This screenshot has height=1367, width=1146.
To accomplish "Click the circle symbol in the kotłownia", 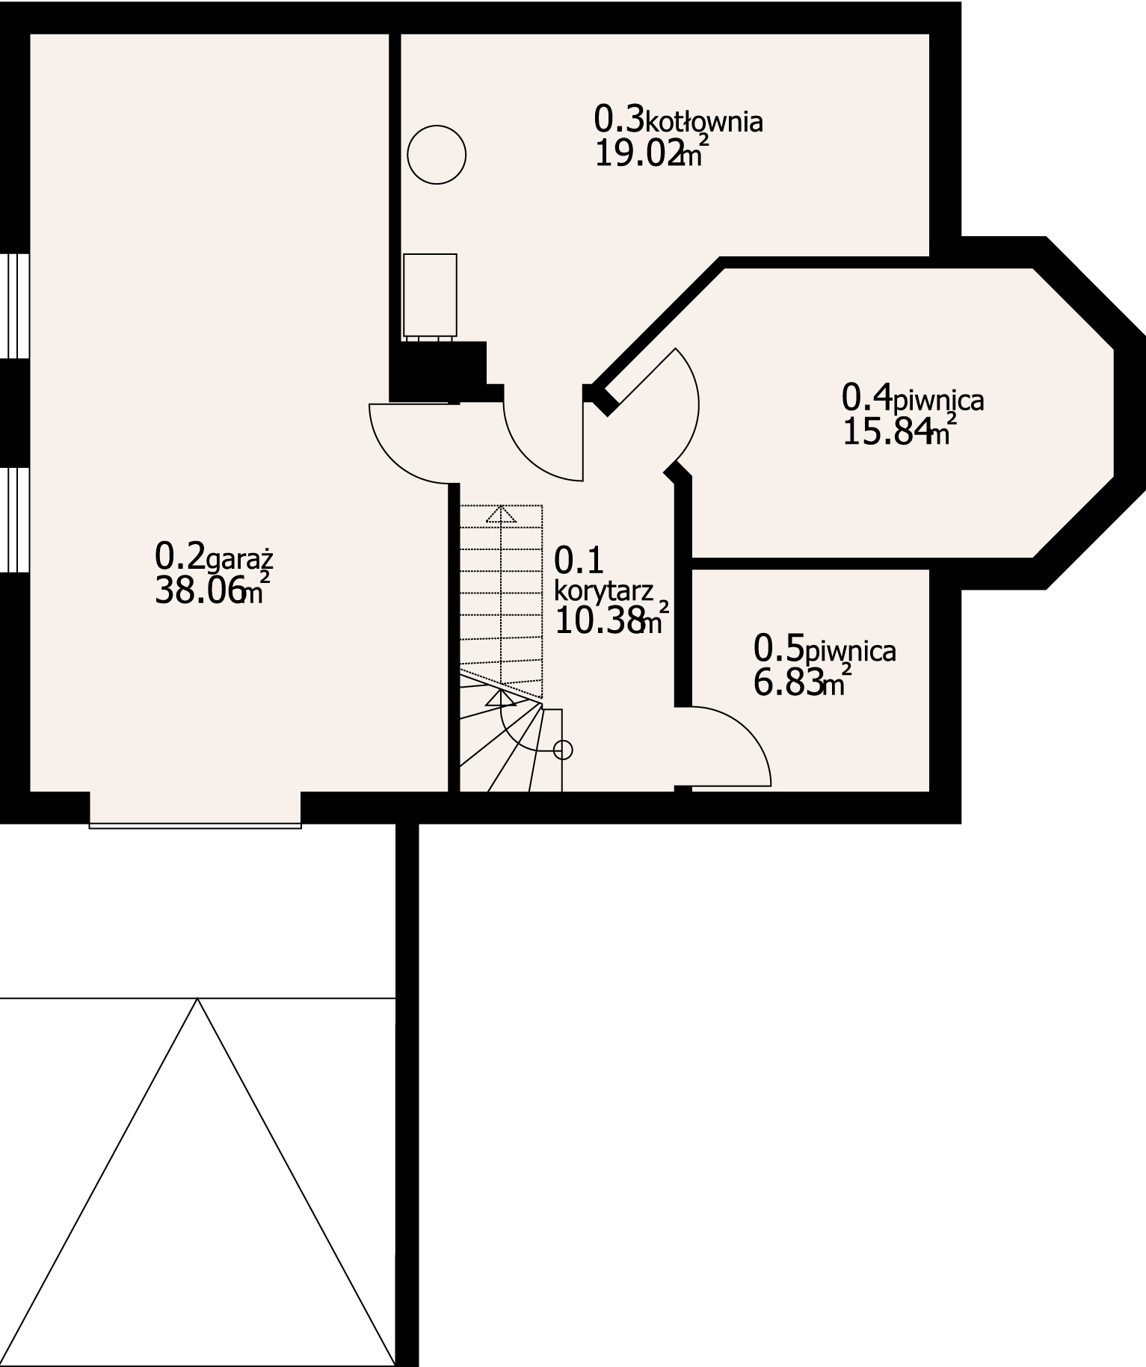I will [437, 155].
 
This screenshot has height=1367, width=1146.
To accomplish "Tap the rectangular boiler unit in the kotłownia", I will [430, 295].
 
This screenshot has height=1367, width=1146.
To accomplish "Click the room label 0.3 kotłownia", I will [678, 120].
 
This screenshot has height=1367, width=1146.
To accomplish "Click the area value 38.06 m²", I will [209, 591].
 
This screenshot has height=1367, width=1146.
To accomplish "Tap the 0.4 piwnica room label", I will [912, 398].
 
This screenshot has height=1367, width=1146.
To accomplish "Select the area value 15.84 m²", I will [897, 433].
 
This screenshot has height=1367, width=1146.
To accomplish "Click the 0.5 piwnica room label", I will [825, 649].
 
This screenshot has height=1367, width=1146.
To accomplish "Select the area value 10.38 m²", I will [609, 620].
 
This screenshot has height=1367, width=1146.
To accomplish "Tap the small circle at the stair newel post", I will [564, 750].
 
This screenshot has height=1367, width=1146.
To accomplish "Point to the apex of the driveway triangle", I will [197, 999].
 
